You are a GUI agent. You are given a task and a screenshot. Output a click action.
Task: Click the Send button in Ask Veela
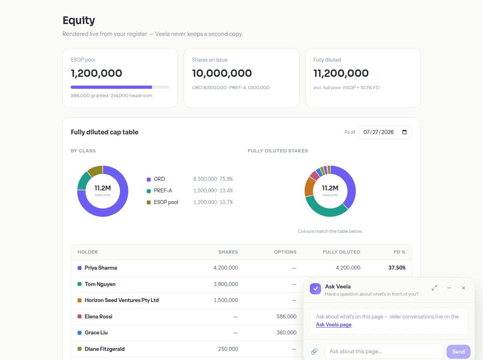(x=458, y=352)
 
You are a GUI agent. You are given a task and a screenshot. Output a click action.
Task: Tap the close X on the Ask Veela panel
(x=463, y=288)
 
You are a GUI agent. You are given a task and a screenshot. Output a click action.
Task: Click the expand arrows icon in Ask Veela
(x=434, y=288)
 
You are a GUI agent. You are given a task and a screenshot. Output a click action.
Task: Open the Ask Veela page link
(x=333, y=324)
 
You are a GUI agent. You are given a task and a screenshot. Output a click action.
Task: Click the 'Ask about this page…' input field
(x=384, y=351)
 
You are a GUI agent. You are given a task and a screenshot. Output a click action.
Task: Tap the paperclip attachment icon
(x=314, y=351)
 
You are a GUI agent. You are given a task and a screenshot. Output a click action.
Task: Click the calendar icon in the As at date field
(x=404, y=132)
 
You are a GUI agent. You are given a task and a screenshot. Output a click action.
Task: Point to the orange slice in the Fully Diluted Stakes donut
(x=309, y=187)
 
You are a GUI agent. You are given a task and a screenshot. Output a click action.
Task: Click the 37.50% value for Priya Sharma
(x=397, y=268)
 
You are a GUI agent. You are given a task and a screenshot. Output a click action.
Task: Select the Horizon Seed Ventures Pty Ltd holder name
(x=122, y=300)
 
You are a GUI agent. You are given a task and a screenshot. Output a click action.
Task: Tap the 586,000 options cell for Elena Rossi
(x=286, y=316)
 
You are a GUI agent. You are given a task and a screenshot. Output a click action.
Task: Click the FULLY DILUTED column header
(x=341, y=252)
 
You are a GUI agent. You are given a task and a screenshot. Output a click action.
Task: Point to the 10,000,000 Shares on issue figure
(x=222, y=73)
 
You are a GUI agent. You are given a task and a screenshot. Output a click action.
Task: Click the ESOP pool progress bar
(x=120, y=87)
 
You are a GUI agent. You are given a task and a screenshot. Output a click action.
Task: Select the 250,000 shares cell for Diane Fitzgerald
(x=228, y=349)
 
